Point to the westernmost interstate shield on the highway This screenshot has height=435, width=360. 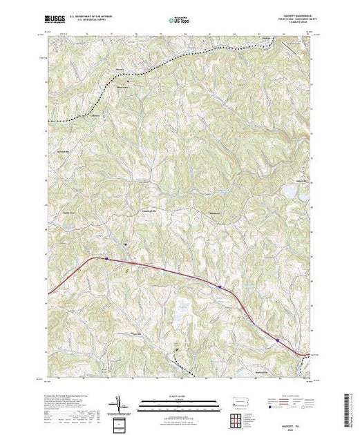tap(107, 260)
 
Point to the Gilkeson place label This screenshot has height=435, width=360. tap(95, 115)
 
